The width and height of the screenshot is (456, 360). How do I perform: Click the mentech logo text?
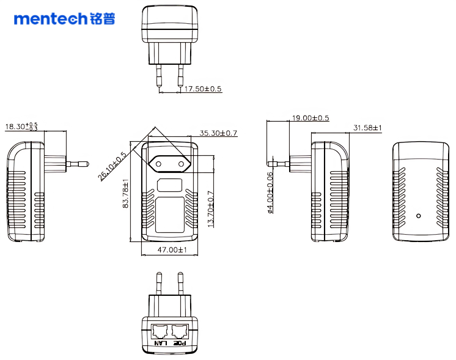[51, 19]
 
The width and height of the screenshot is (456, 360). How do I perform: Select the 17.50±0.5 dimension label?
[203, 89]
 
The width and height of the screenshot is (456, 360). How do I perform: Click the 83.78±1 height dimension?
[126, 194]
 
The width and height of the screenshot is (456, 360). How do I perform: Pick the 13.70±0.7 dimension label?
[211, 209]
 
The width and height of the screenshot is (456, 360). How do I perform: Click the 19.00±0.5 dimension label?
[311, 118]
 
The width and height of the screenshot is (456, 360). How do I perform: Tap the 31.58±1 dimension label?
[367, 128]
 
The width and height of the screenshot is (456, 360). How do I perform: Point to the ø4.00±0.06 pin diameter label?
[270, 193]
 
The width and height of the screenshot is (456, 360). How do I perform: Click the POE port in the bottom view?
[180, 332]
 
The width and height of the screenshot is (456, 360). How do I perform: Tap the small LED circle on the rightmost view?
[418, 215]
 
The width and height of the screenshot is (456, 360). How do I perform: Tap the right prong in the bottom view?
[180, 284]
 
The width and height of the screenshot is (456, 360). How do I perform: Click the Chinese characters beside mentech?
[102, 19]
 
